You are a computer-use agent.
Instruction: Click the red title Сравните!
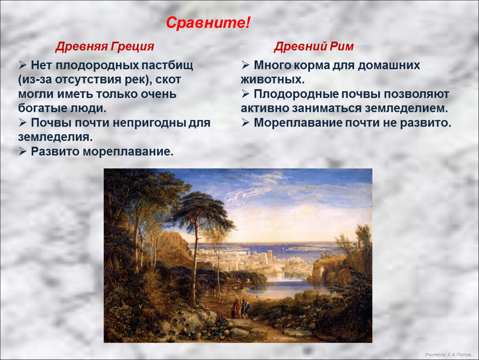coord(208,22)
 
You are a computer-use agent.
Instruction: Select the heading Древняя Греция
coord(105,46)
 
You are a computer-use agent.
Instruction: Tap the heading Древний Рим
coord(314,46)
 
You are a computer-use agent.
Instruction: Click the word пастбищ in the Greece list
coord(167,65)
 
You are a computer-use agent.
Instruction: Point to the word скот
coord(168,80)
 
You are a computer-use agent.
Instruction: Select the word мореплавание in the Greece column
coord(128,152)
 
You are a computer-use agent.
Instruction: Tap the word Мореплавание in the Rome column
coord(298,123)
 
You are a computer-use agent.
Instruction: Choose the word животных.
coord(272,80)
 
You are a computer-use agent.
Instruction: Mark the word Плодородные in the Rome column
coord(296,94)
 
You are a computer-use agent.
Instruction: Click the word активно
coord(264,108)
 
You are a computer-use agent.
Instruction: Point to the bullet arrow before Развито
coord(22,151)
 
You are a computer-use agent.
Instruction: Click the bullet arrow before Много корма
coord(246,65)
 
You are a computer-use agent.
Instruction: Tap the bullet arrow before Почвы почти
coord(22,122)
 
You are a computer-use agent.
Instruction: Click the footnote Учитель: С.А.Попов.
coord(448,355)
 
